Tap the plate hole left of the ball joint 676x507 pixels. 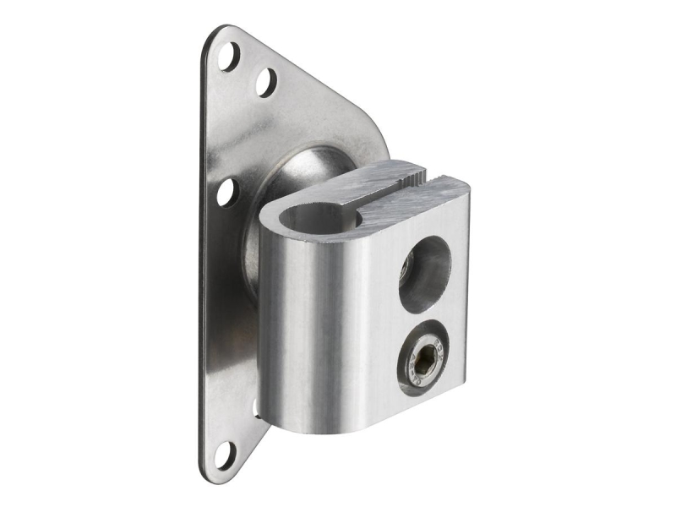(226, 193)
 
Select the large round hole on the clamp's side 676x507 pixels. (424, 270)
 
